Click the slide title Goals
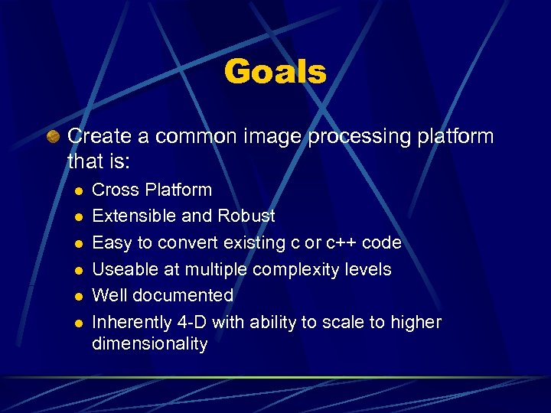(x=275, y=72)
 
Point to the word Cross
(x=113, y=190)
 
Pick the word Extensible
(x=134, y=216)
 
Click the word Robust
(x=246, y=216)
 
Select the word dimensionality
(x=150, y=344)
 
